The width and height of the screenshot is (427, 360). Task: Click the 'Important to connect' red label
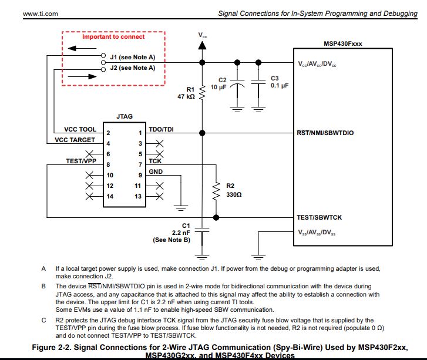(x=113, y=37)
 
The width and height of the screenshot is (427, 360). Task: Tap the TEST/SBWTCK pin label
(x=319, y=217)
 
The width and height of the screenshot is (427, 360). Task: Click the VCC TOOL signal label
(x=80, y=130)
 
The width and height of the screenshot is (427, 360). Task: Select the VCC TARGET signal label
(x=76, y=140)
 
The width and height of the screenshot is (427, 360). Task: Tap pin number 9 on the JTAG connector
(x=139, y=175)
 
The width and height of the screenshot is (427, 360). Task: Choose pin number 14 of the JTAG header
(x=109, y=196)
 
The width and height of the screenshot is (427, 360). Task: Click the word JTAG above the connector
(x=125, y=117)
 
